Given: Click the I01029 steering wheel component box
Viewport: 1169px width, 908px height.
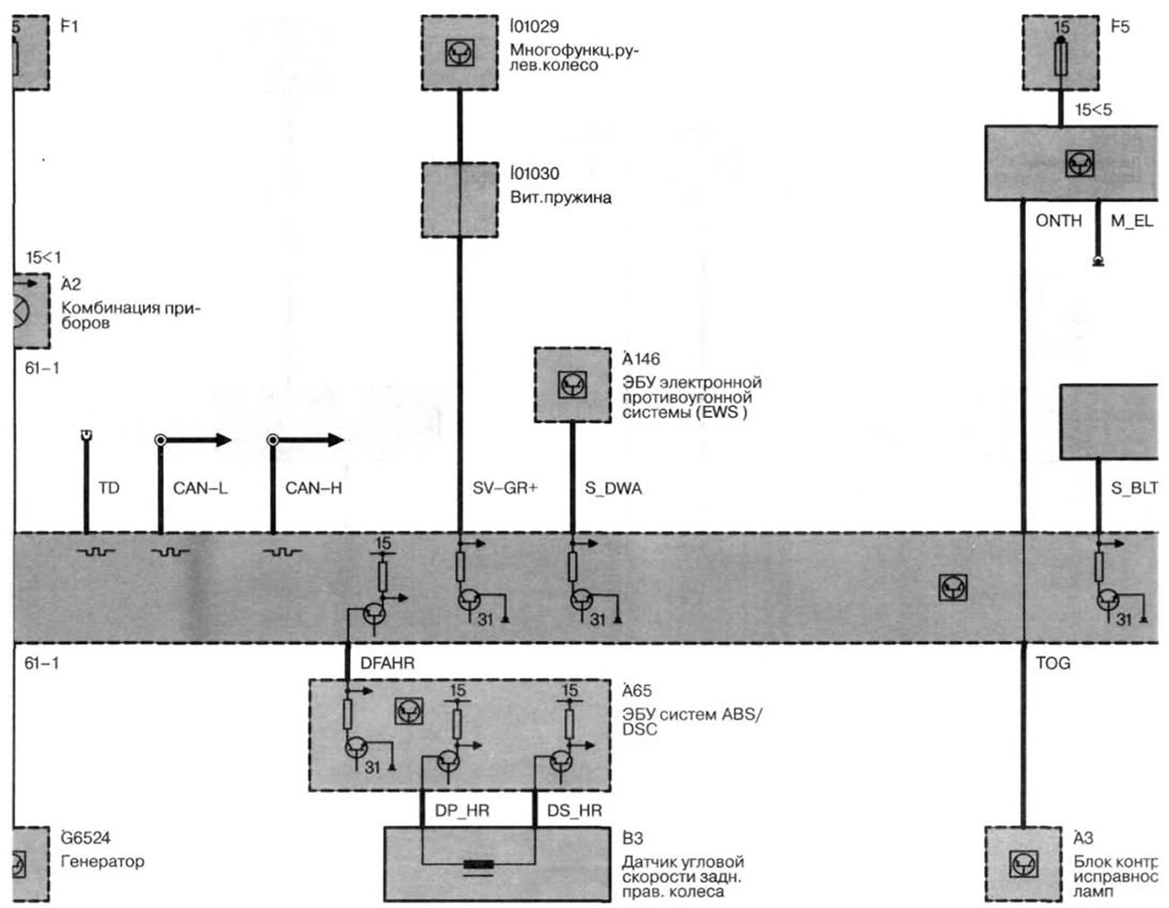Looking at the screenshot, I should click(x=460, y=52).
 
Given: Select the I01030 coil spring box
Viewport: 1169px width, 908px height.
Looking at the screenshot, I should click(x=460, y=200).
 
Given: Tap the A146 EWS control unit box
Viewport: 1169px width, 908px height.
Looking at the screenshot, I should click(x=572, y=385).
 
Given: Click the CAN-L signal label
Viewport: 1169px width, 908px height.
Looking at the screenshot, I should click(x=200, y=488).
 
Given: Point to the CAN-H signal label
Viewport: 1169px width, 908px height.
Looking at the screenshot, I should click(x=313, y=488).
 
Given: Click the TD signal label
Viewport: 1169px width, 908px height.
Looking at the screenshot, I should click(x=108, y=488).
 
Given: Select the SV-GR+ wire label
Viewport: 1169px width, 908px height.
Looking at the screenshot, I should click(x=504, y=488).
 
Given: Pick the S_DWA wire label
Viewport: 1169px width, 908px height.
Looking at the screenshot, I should click(x=613, y=488).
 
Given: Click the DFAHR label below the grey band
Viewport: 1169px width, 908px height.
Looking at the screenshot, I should click(x=388, y=663).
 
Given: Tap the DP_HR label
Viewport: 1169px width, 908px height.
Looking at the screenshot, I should click(x=462, y=810).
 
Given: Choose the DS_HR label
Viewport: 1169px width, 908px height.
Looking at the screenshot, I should click(x=575, y=810).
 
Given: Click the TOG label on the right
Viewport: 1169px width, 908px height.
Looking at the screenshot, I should click(x=1053, y=663).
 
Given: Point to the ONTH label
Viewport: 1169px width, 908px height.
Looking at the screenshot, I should click(x=1058, y=221).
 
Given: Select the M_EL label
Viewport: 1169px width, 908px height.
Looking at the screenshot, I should click(x=1131, y=221).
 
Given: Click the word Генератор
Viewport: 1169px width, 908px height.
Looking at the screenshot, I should click(x=102, y=861).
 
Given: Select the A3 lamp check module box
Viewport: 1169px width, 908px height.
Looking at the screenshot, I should click(x=1023, y=864).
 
